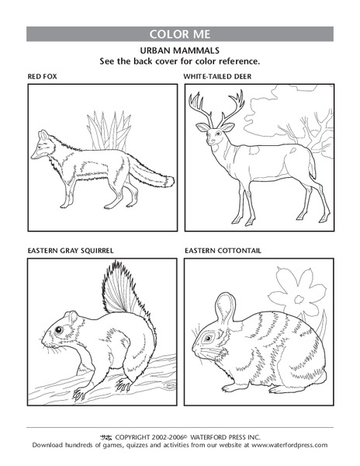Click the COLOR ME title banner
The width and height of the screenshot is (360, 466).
[180, 34]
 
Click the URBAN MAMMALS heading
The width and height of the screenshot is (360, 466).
[180, 49]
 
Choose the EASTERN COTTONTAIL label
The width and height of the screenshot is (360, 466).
[223, 251]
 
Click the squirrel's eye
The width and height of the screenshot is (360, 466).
[59, 329]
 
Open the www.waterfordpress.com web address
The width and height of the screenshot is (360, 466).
[288, 445]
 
